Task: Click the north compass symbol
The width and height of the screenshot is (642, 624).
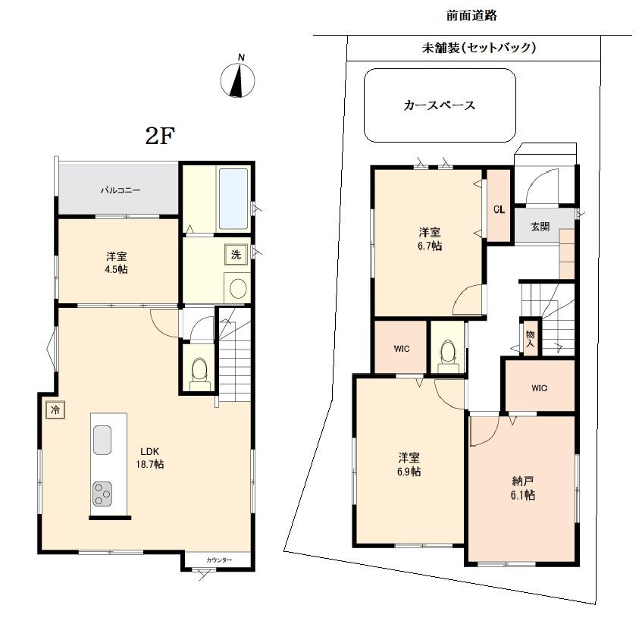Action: [238, 79]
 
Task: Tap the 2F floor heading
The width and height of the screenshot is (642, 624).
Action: [160, 136]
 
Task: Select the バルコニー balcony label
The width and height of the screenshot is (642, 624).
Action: [121, 190]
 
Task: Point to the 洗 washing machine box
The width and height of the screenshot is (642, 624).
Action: [235, 255]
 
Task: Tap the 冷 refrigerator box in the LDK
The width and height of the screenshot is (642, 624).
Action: [55, 409]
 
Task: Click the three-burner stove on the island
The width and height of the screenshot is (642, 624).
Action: [102, 494]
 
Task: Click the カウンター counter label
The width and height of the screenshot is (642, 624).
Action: [219, 560]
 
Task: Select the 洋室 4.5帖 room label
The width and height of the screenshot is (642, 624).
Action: [117, 262]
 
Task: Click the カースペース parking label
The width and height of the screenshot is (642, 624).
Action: [440, 105]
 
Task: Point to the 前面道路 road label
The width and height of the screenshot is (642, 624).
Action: [471, 15]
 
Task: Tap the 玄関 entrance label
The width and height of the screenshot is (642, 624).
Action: [540, 226]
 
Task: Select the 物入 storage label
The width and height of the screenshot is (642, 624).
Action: [530, 339]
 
